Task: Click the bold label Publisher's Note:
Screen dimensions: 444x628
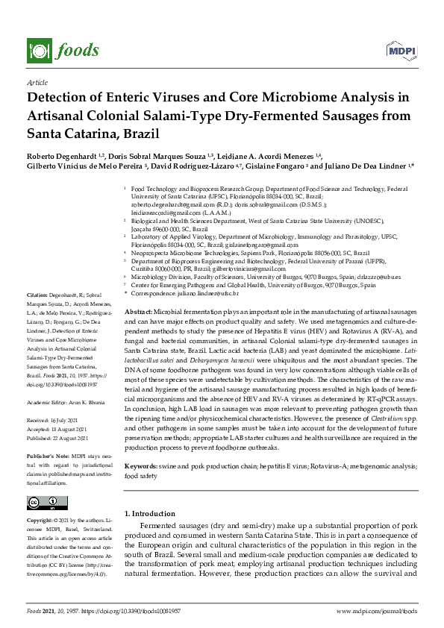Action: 46,455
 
